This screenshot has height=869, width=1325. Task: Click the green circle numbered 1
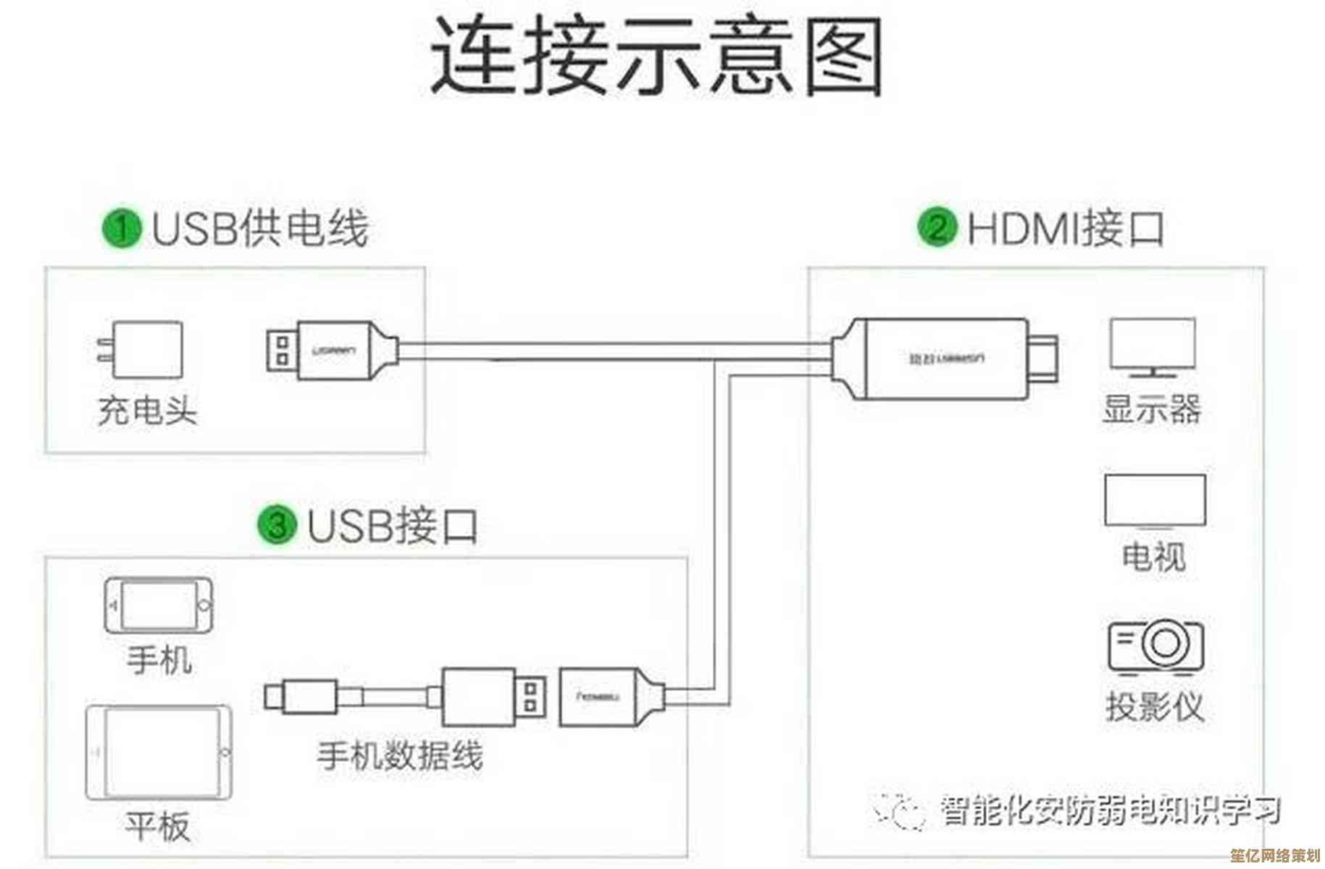tap(121, 228)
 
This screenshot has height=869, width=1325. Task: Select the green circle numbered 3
tap(277, 524)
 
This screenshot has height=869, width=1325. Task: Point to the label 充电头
tap(147, 411)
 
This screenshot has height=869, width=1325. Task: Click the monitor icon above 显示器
tap(1152, 347)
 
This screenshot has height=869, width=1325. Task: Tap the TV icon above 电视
tap(1154, 501)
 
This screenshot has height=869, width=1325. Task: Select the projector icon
tap(1155, 645)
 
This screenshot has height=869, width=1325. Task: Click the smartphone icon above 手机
tap(159, 605)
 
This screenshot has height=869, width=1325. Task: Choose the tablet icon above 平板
tap(159, 752)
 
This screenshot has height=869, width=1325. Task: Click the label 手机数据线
tap(400, 756)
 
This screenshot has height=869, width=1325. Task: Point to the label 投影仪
tap(1155, 706)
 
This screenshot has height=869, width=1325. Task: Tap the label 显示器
tap(1152, 409)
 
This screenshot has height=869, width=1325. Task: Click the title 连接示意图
tap(656, 56)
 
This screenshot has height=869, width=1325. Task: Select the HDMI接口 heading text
tap(1066, 228)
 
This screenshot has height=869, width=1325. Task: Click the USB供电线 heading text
tap(259, 228)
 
